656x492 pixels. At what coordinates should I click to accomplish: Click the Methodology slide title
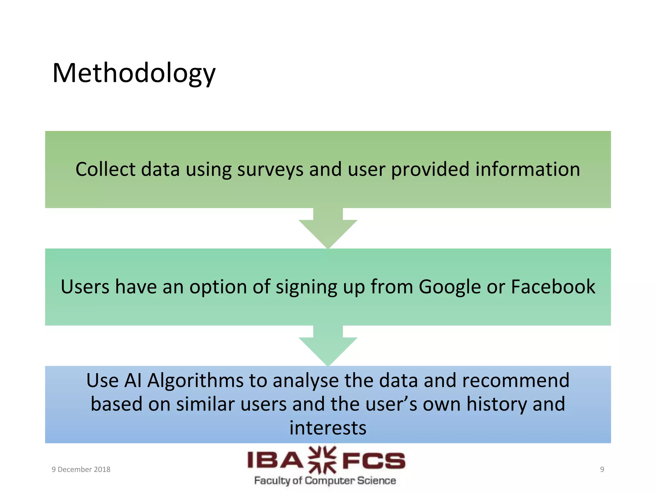pos(134,73)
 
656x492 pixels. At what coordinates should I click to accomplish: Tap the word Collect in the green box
pos(105,169)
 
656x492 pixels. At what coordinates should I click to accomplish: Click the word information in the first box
pos(527,169)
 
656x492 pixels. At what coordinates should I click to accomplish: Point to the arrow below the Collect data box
pos(328,229)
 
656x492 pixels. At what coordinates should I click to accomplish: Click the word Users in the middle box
pos(85,286)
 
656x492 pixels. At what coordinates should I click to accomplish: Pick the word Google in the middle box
pos(449,287)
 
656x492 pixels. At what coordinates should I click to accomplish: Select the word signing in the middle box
pos(307,287)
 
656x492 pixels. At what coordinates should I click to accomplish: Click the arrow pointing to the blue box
pos(328,347)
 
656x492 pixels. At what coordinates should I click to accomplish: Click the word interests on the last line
pos(328,428)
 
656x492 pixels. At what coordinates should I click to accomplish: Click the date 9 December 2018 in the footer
pos(81,469)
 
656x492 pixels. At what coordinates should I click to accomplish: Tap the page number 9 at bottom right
pos(602,469)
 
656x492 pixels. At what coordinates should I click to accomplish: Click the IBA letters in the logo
pos(275,461)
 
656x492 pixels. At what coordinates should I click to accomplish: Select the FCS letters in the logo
pos(373,461)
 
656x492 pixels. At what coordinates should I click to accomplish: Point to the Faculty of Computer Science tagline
pos(325,480)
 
